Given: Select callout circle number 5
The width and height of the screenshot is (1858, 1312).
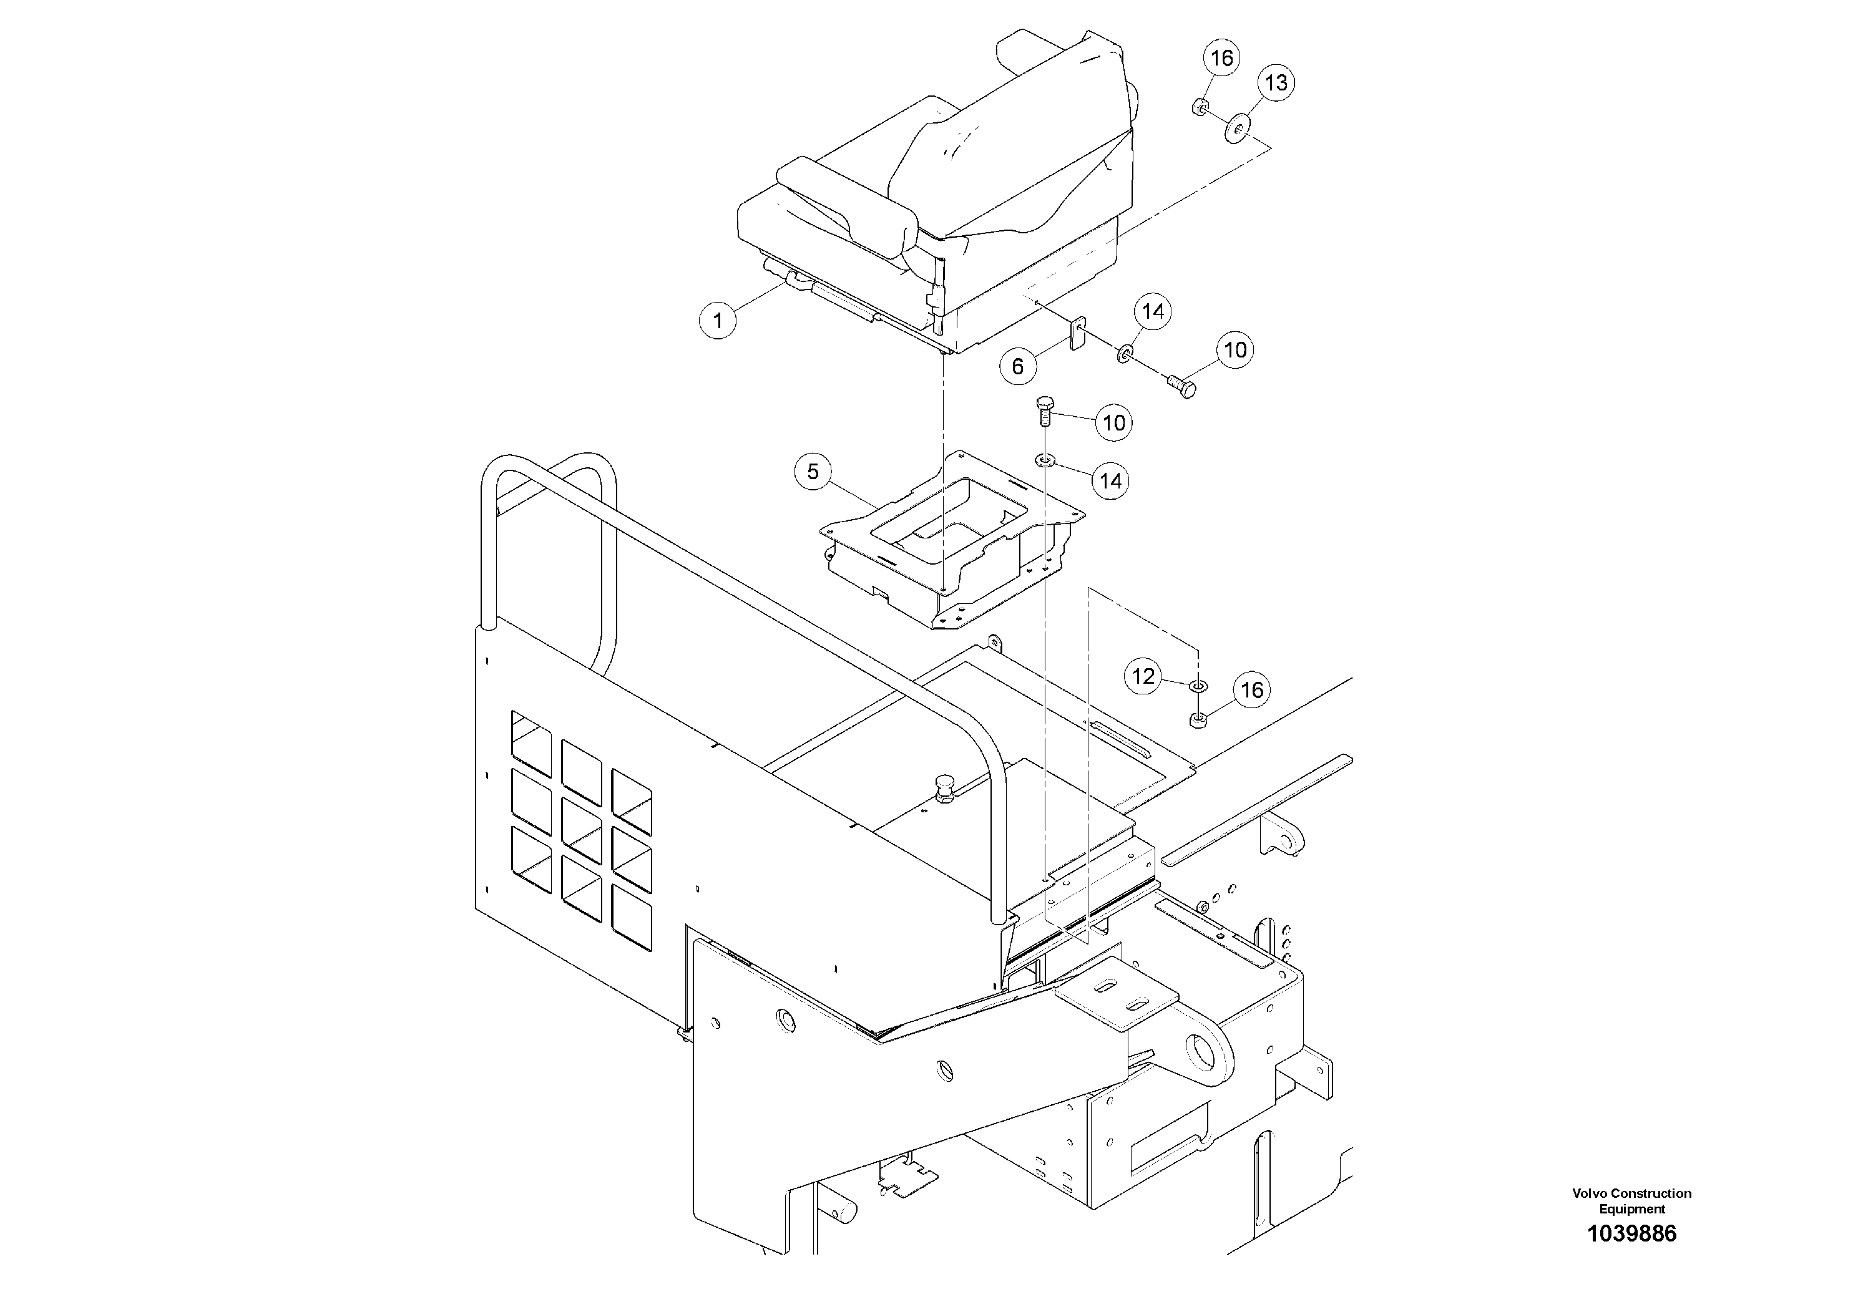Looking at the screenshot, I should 813,472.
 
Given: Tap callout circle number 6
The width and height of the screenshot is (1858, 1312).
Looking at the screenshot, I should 1017,366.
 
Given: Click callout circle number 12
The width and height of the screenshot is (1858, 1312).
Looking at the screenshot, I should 1143,676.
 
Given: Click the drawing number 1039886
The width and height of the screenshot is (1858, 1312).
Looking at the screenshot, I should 1631,1233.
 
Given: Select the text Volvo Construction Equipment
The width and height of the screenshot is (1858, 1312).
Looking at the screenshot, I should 1631,1200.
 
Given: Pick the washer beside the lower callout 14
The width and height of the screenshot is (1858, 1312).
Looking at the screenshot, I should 1045,461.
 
